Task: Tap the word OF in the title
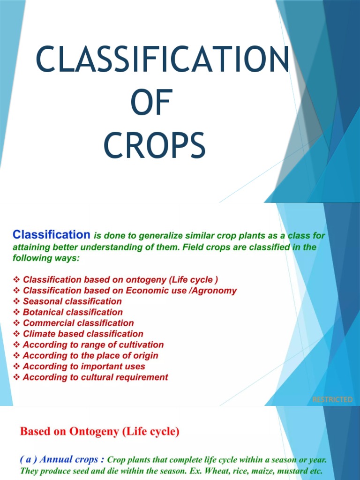(x=151, y=104)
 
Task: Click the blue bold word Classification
(x=51, y=234)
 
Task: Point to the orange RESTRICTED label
(x=332, y=399)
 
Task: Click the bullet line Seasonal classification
(x=72, y=301)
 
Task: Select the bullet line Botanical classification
(x=73, y=312)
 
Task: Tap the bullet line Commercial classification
(x=78, y=323)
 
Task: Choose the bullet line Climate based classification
(x=83, y=334)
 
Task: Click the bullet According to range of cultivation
(x=93, y=345)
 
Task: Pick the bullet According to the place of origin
(x=90, y=355)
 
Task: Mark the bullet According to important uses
(x=84, y=366)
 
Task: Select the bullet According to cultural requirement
(x=95, y=377)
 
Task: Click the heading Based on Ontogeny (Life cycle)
(x=99, y=431)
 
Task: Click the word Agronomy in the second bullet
(x=215, y=291)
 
